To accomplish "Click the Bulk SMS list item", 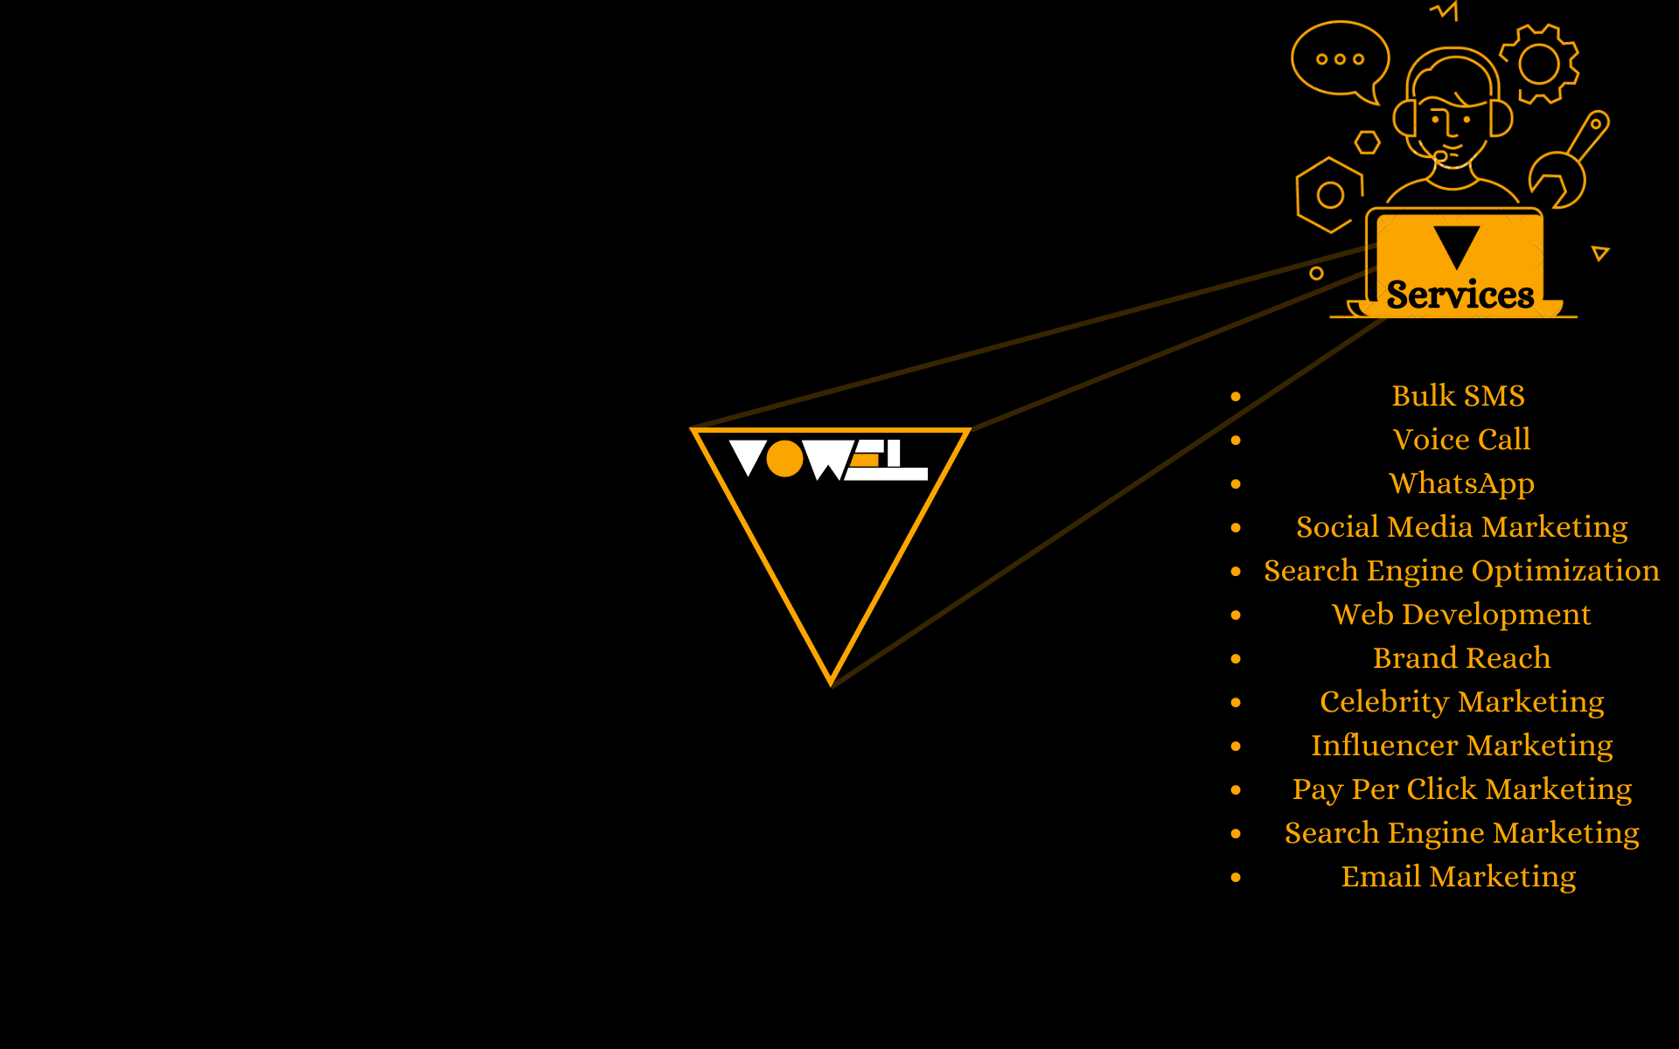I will [1458, 396].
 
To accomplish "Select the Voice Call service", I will [1461, 440].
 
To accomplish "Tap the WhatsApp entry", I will [1461, 483].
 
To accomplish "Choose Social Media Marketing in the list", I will [1461, 527].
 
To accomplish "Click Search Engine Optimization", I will [1461, 571].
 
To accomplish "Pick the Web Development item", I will [1461, 615].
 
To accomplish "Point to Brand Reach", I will [1461, 658].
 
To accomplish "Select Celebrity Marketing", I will [1461, 702].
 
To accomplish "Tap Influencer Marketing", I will [1461, 746].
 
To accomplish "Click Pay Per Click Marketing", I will [1461, 789].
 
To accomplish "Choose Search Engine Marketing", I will [1461, 833].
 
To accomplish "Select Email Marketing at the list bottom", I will [1458, 877].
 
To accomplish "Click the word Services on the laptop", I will [1460, 295].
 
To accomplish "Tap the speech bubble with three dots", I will [1340, 59].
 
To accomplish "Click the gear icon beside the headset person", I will [1539, 63].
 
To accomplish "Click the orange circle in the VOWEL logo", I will [784, 459].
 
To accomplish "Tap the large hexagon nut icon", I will [1329, 195].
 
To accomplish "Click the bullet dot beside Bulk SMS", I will [1236, 397].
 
